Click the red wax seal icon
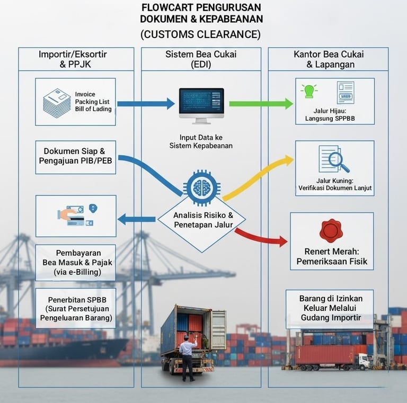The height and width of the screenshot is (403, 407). (x=331, y=230)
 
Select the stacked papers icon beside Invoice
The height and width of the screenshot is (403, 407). (x=57, y=103)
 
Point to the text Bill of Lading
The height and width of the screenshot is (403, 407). (x=93, y=109)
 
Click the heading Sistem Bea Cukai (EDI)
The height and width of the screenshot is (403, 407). (x=201, y=59)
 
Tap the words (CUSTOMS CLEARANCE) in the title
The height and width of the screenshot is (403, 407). (x=201, y=34)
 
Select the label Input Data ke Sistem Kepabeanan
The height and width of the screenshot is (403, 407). (x=201, y=141)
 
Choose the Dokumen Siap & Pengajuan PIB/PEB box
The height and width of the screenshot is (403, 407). (x=75, y=157)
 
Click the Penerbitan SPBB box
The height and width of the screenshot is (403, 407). (x=75, y=308)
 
